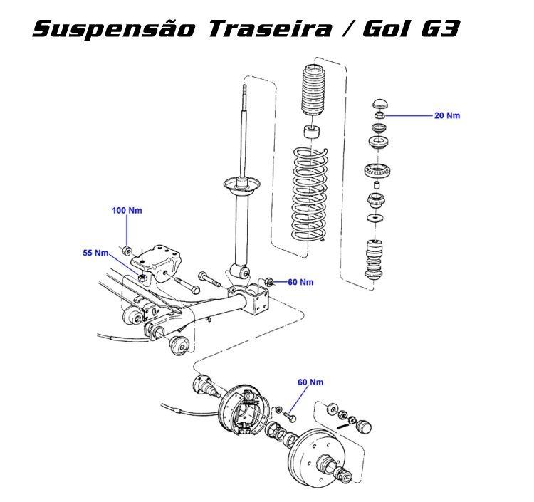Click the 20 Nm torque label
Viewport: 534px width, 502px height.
click(447, 116)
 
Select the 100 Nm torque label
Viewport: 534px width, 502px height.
click(127, 211)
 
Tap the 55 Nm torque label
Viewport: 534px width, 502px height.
click(95, 253)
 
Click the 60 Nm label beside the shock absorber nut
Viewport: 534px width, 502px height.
click(300, 282)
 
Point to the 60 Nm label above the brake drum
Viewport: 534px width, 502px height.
click(310, 382)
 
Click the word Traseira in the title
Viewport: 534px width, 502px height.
click(269, 28)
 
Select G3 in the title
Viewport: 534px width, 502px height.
click(441, 28)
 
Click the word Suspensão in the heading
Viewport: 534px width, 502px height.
click(114, 29)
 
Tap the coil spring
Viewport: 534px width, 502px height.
click(310, 194)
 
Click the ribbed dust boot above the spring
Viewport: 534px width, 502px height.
click(313, 90)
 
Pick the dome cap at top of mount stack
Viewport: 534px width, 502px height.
click(379, 103)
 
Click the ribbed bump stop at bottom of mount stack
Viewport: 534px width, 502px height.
click(375, 260)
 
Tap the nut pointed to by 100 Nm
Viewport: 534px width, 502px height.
click(126, 251)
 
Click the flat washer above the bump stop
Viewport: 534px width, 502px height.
click(375, 218)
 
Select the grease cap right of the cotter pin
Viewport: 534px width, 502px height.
click(363, 427)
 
